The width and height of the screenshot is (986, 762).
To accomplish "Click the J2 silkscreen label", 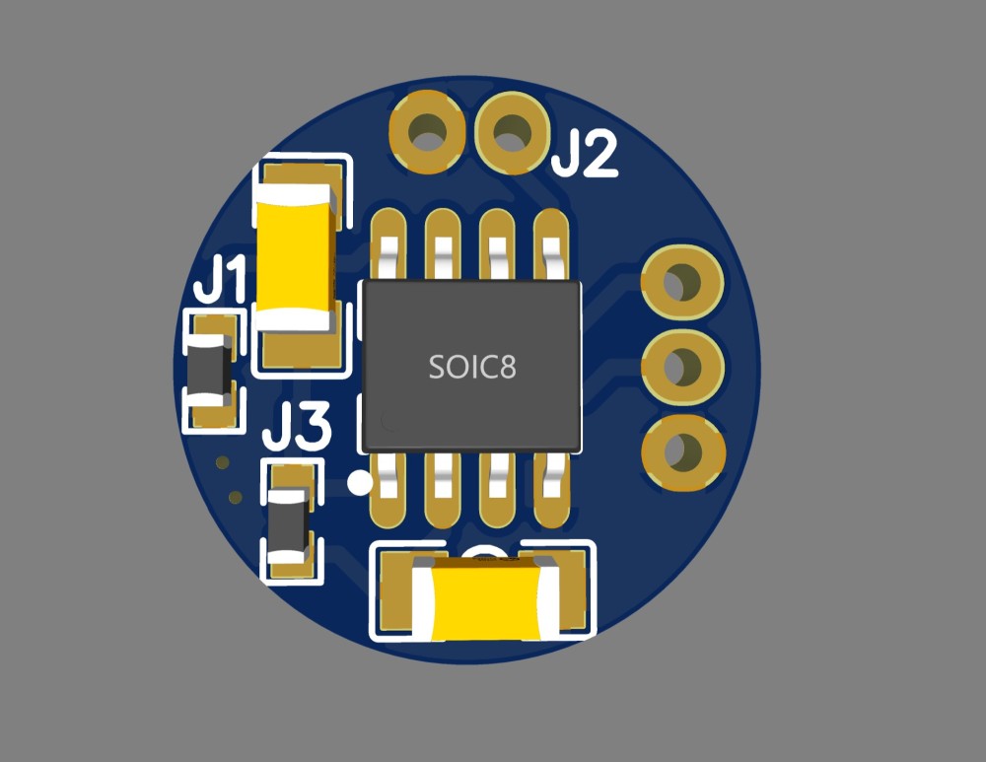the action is point(585,153).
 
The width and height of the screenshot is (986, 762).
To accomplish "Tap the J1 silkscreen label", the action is point(220,279).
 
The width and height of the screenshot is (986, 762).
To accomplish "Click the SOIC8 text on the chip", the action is point(472,367).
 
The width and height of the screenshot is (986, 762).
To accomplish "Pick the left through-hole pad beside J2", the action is point(428,133).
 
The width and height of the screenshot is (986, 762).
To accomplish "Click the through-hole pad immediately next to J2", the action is point(511,133).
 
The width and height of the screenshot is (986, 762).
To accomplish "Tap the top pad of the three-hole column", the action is point(682,282).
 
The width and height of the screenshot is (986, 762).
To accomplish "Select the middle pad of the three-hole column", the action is point(682,367).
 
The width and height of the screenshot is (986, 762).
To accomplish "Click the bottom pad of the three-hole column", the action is point(683,452).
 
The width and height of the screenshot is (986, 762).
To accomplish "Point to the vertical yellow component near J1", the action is point(294,258).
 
